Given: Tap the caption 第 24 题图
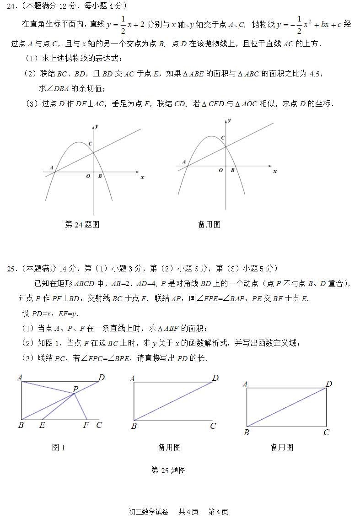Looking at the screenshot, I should coord(82,224).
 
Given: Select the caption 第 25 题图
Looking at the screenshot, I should coord(168,470).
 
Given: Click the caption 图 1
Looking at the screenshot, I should coord(59,448).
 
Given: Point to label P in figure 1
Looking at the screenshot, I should coord(75,389).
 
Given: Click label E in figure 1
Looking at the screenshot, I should coord(42,425).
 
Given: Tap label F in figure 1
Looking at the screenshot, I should coord(86,425).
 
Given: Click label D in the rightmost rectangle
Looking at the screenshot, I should coord(328,384).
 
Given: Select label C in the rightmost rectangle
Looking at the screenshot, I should coord(326,433).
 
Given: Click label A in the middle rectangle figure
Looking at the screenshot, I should coord(132,379).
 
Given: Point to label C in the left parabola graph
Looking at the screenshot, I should coord(91,144).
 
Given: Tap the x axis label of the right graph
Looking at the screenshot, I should coord(275,171).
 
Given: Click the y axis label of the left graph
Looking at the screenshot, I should coord(97,126).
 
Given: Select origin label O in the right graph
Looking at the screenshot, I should coord(221,170).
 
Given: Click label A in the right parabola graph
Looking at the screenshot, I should coord(184,162).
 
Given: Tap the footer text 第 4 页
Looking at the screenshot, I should coord(218,512).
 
